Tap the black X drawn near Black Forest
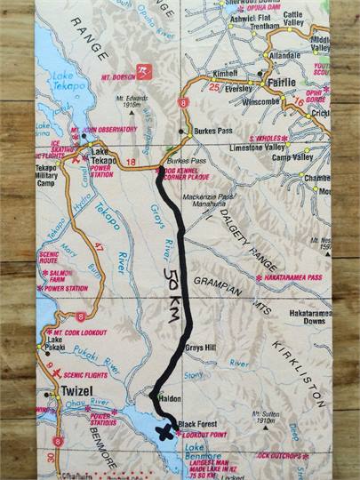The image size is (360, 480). coord(163,433)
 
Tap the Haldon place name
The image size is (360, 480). coord(171,401)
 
